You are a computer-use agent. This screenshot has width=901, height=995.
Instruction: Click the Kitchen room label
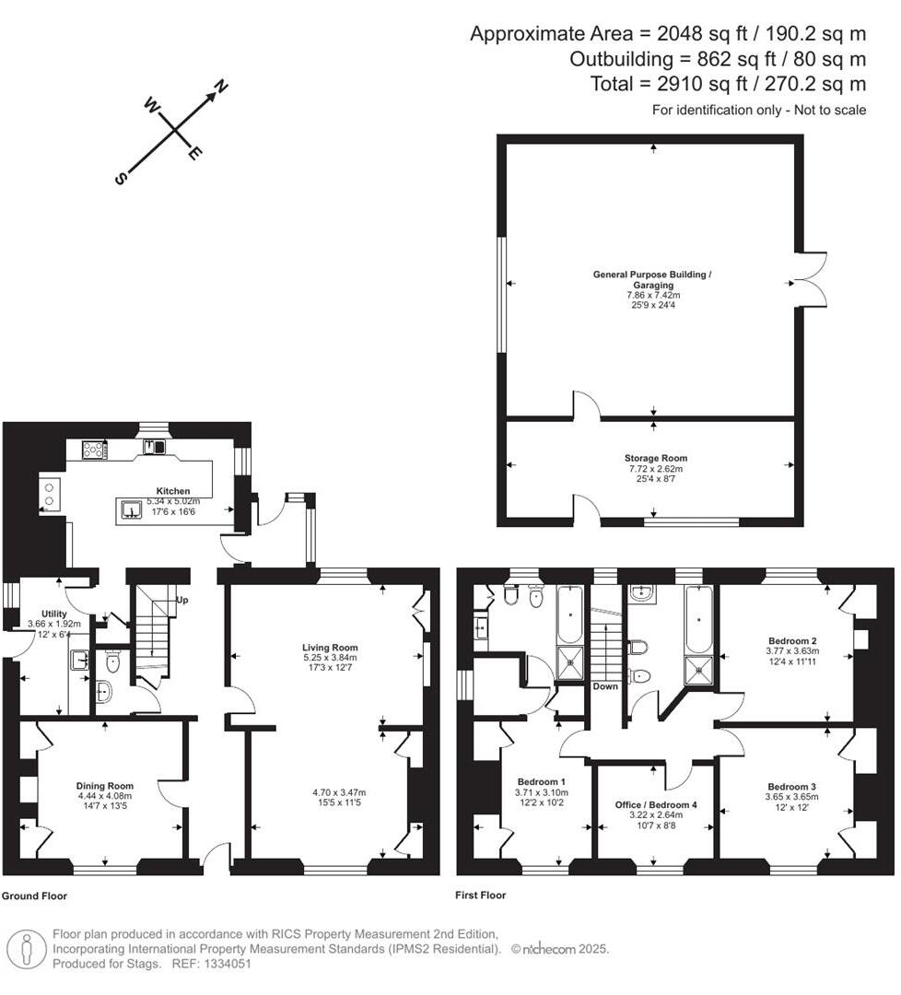click(x=173, y=491)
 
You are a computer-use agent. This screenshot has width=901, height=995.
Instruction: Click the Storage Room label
click(x=655, y=458)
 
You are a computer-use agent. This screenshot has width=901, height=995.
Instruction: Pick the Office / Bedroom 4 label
click(x=656, y=804)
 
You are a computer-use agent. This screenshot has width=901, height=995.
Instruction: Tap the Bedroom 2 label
click(x=793, y=639)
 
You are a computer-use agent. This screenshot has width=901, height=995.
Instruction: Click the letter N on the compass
click(x=221, y=88)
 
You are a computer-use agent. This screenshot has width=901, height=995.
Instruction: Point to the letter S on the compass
click(x=120, y=179)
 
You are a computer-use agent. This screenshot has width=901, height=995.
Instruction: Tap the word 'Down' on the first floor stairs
click(x=605, y=686)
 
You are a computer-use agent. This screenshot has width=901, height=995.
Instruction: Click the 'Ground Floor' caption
click(x=34, y=895)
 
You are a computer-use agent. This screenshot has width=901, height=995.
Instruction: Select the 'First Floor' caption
click(x=480, y=895)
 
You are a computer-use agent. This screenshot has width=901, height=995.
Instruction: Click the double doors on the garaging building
click(x=811, y=280)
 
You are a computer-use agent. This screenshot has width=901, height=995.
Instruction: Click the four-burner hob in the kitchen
click(x=94, y=450)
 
